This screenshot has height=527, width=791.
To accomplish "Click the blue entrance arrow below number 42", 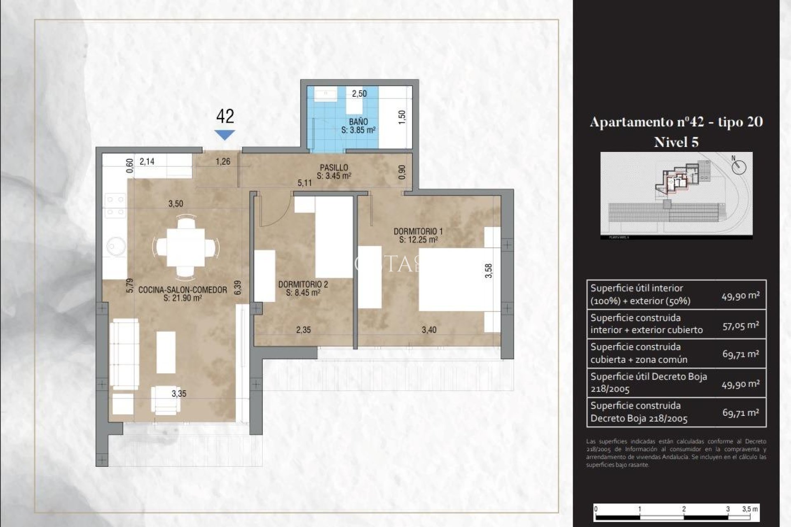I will point(225,135).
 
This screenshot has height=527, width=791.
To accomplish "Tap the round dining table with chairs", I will point(186,247).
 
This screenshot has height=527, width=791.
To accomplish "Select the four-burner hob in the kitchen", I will point(115,206).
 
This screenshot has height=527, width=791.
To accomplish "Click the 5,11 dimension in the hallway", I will point(304,183).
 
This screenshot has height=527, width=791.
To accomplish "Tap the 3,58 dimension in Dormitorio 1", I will point(488,270).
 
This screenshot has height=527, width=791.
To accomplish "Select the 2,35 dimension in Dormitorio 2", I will point(303,330).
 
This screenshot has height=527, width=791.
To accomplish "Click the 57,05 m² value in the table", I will point(740,325).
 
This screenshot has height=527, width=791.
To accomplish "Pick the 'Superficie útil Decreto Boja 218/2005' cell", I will point(651,382).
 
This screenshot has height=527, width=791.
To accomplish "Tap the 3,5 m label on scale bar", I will point(749,509).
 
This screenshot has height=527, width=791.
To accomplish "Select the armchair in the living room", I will point(166,399).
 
